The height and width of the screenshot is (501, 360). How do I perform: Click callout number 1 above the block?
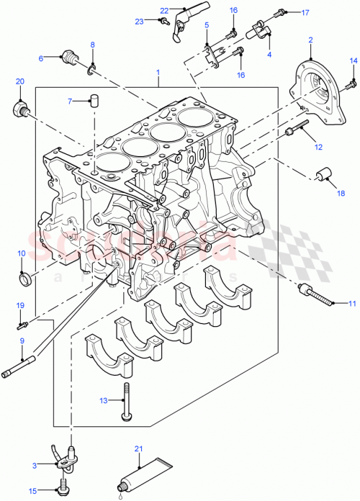158,73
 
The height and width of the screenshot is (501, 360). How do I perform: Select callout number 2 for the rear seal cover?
310,40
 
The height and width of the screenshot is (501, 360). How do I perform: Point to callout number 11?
352,304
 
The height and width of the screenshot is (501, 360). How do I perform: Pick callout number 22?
163,10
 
